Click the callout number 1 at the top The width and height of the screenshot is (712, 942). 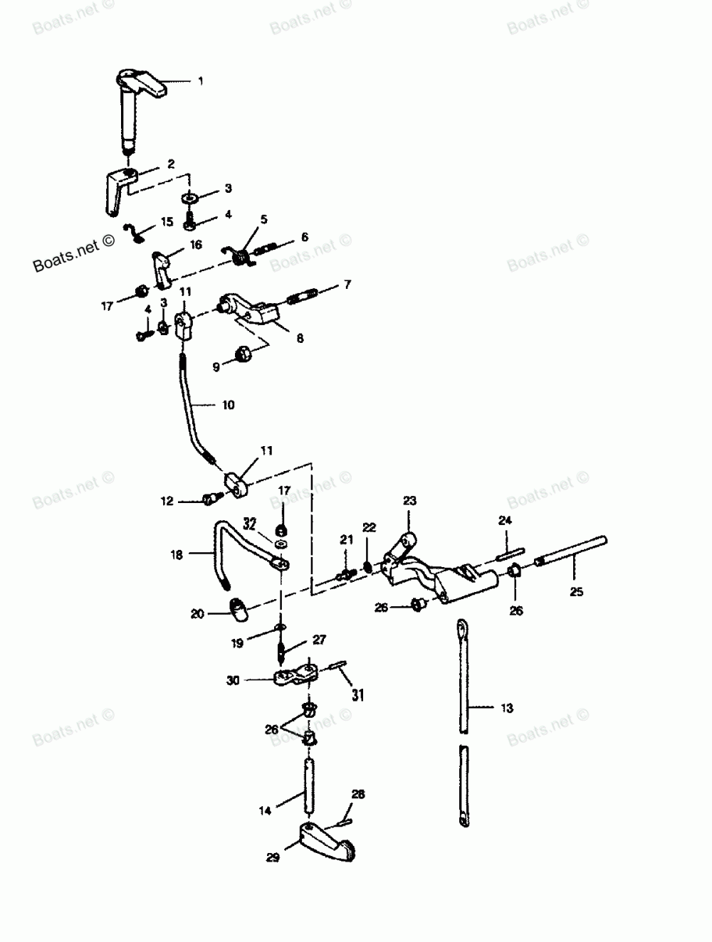[201, 82]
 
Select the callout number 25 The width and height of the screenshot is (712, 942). [576, 591]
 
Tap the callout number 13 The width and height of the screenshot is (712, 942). [506, 708]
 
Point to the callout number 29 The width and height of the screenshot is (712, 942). [273, 858]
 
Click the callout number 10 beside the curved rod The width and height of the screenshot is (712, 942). [228, 406]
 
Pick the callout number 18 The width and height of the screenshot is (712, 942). [177, 553]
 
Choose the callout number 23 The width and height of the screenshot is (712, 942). [409, 501]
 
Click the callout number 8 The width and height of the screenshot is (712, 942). [300, 339]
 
